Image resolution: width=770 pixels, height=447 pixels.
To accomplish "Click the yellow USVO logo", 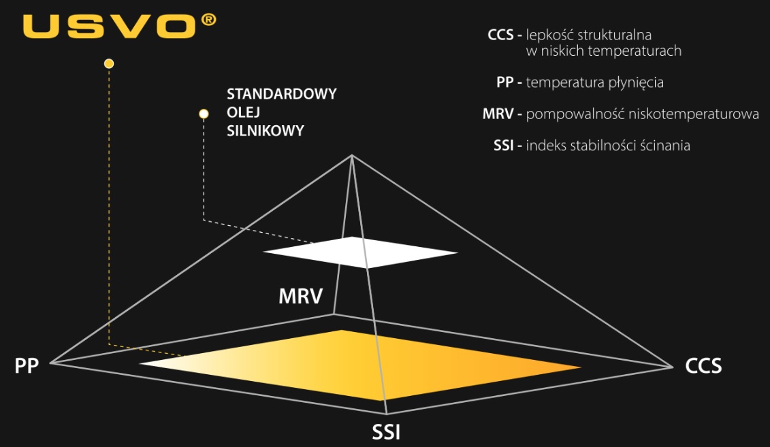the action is coord(109,26).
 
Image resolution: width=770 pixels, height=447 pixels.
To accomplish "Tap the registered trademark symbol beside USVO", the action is coord(208,20).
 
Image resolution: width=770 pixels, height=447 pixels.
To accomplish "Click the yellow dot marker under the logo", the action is coord(109,63).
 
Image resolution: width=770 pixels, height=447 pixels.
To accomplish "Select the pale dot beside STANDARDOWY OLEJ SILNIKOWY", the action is coord(204,114).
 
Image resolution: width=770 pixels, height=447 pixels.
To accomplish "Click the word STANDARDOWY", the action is coord(281,94).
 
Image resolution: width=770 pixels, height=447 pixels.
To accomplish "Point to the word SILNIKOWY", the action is coord(266,131).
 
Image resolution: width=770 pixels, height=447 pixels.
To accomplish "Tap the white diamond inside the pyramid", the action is coord(360,252).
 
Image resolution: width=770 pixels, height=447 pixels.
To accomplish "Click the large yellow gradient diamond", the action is coord(360,365).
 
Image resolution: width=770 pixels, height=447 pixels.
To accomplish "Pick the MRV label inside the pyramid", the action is coord(300,297).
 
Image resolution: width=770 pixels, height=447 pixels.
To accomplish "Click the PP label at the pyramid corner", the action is coord(27,365).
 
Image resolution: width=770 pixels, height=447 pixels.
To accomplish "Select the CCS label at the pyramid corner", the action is coord(703,366).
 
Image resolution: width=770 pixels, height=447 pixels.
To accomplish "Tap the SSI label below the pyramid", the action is coord(386,432).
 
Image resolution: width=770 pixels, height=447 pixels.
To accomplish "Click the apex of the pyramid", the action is coord(352,155).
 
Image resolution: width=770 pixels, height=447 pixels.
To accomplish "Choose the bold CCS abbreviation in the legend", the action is coord(500,35).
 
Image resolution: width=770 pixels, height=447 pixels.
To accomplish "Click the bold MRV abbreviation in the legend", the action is coord(498,114).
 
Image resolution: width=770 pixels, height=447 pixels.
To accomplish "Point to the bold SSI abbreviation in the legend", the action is coord(503,146).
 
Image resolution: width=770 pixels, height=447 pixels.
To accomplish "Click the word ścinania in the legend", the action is coord(665,146).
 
